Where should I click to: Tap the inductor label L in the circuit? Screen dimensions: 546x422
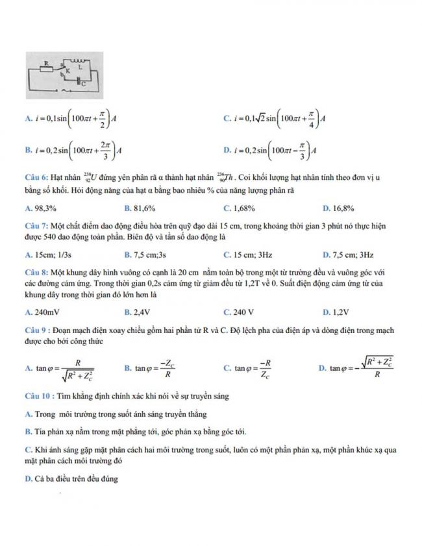[x=80, y=66]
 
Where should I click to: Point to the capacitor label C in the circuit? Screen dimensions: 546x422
[x=82, y=83]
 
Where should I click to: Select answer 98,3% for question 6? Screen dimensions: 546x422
[x=42, y=208]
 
